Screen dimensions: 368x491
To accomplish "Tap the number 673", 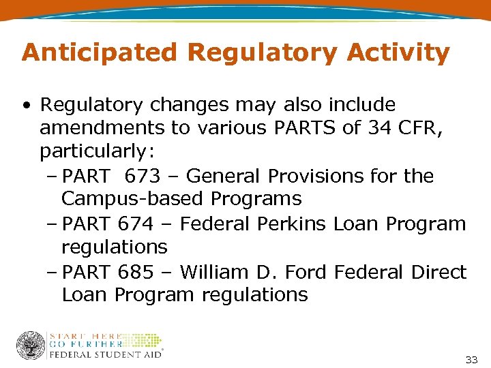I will click(142, 177).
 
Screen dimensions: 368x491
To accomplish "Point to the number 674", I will click(136, 224).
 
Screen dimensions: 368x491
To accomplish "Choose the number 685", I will click(136, 273).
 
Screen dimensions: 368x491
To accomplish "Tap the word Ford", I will click(306, 273).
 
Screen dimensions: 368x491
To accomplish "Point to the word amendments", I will click(100, 128).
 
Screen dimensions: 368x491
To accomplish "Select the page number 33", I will click(471, 359).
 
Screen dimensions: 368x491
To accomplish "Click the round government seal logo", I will click(30, 346).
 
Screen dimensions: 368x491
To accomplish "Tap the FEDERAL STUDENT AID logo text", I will click(105, 354).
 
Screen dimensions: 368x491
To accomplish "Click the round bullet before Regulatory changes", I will click(25, 106).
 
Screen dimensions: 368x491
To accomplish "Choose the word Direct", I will click(439, 273).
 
